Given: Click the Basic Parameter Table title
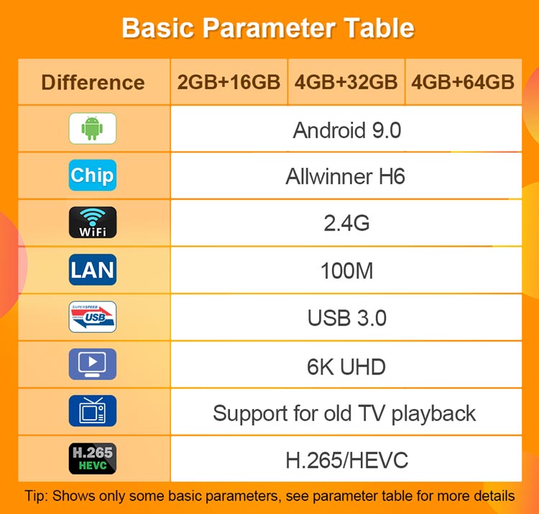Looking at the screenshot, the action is pyautogui.click(x=268, y=28).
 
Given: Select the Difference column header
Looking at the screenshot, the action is pyautogui.click(x=93, y=83).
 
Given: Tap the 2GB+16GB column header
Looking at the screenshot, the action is pyautogui.click(x=229, y=82).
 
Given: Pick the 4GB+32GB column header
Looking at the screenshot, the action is pyautogui.click(x=346, y=82).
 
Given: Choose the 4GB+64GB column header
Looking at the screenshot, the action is pyautogui.click(x=463, y=82).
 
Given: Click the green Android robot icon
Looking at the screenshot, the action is pyautogui.click(x=93, y=128).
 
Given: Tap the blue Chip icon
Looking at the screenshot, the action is pyautogui.click(x=93, y=175).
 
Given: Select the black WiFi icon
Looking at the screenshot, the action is pyautogui.click(x=93, y=222).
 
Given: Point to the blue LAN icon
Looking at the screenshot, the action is pyautogui.click(x=93, y=269).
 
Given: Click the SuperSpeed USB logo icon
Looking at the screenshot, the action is pyautogui.click(x=93, y=317).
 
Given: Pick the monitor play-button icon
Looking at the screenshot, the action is pyautogui.click(x=93, y=364).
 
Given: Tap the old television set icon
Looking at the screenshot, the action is pyautogui.click(x=93, y=411).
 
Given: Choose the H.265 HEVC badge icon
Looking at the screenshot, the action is pyautogui.click(x=93, y=459).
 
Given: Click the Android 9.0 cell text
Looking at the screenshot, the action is pyautogui.click(x=347, y=130).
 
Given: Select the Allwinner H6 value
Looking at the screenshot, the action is pyautogui.click(x=346, y=176).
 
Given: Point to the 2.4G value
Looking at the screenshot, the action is pyautogui.click(x=346, y=223).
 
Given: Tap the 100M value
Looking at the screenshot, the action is pyautogui.click(x=346, y=271).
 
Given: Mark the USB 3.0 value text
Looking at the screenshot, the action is pyautogui.click(x=347, y=317).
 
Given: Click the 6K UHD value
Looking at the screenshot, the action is pyautogui.click(x=346, y=366).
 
